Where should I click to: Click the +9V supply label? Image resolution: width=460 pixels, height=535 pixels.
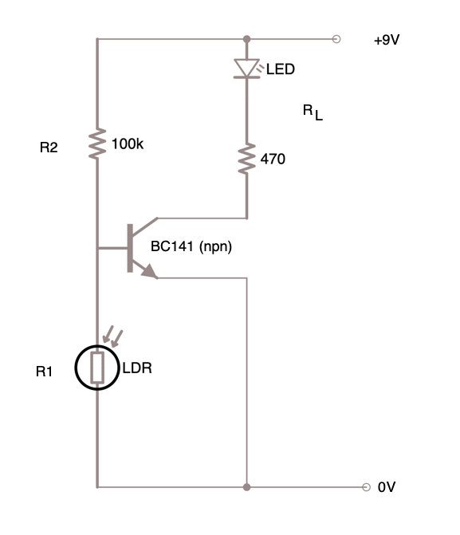pos(387,40)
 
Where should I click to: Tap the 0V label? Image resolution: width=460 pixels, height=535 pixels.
pos(387,487)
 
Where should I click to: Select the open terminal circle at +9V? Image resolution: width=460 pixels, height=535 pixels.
pos(336,39)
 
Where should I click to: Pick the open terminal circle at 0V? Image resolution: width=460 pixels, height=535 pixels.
pos(366,487)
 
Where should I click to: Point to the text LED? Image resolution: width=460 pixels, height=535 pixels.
pos(281,69)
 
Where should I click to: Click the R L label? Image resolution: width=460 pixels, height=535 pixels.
pos(313,112)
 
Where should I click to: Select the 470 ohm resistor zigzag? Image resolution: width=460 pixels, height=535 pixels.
pos(246,159)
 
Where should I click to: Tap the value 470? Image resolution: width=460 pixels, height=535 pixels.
pos(273,159)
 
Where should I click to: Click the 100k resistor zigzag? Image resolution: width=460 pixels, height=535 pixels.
pos(97,144)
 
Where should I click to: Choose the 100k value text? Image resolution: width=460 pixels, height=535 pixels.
pos(128,144)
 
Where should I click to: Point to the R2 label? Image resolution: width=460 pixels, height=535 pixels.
pos(49,148)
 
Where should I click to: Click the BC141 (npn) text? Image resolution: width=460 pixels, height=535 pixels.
pos(191,246)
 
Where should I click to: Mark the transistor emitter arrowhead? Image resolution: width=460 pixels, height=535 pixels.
pos(150,272)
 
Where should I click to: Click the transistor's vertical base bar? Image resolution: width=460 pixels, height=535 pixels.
pos(130,248)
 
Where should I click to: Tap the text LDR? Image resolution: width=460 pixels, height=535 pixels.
pos(137,368)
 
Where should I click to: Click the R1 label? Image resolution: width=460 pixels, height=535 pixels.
pos(44,372)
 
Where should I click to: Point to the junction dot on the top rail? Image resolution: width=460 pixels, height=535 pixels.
pos(246,39)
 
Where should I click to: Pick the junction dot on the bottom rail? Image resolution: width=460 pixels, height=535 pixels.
pos(246,487)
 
